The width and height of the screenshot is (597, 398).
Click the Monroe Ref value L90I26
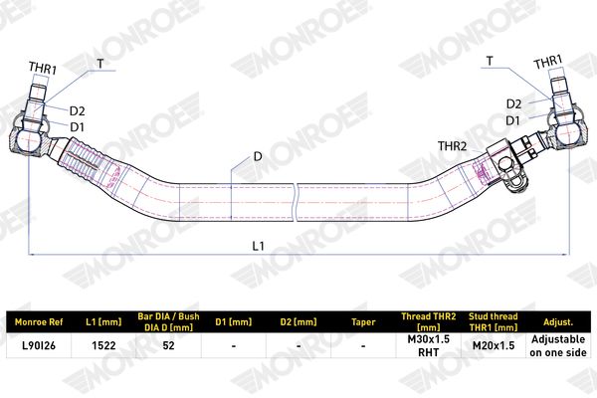coord(39,345)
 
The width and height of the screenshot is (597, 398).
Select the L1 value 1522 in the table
coord(103,345)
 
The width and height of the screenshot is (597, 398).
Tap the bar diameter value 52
coord(168,345)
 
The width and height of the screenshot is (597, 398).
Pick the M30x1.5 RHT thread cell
coord(428,345)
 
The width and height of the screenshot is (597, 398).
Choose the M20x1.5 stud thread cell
coord(494,345)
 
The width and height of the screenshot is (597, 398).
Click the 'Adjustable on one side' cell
coord(558,345)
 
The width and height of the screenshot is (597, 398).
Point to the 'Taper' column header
coord(363,322)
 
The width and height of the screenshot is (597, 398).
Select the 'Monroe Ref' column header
coord(39,322)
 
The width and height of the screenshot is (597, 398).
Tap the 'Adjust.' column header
coord(558,322)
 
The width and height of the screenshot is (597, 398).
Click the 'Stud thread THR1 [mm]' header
coord(494,321)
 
